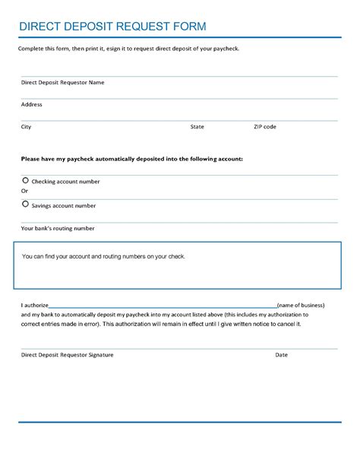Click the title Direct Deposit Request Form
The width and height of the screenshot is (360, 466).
click(x=112, y=26)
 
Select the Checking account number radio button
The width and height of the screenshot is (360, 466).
click(x=25, y=180)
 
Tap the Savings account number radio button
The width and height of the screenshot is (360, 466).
click(x=25, y=204)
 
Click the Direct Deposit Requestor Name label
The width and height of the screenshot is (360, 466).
click(x=62, y=82)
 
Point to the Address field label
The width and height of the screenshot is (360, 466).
click(x=32, y=104)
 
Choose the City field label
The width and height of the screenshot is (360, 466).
click(x=26, y=127)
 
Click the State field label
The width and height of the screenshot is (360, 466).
click(x=197, y=127)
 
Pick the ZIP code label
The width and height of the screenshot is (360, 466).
click(x=264, y=127)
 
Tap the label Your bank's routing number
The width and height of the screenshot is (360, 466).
click(x=58, y=228)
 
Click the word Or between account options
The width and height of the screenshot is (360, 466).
click(x=24, y=191)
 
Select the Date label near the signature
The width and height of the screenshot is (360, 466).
click(x=281, y=354)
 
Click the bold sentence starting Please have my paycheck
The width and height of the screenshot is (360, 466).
click(x=132, y=159)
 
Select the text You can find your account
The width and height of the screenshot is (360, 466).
click(x=104, y=257)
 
